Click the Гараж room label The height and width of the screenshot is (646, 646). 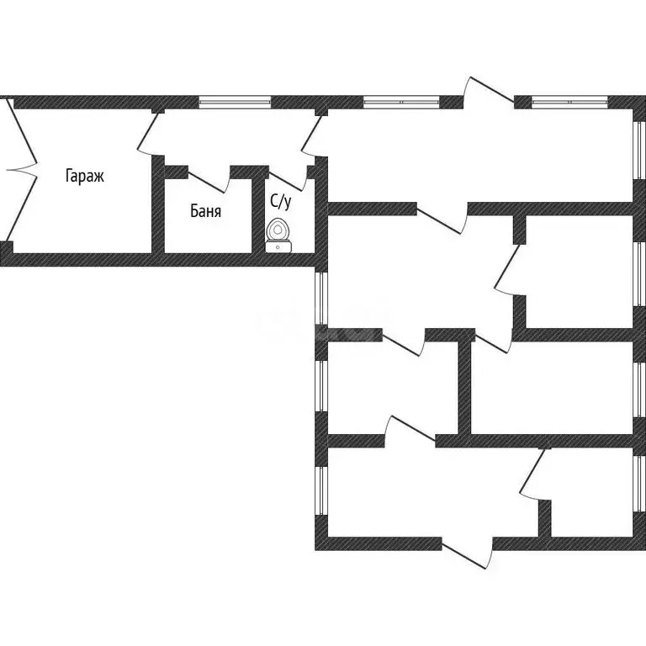click(x=84, y=177)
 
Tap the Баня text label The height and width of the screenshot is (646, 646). click(x=205, y=211)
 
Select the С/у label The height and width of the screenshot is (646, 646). click(x=281, y=202)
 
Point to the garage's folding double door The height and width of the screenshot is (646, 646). click(x=20, y=169)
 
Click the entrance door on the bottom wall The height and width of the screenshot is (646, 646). click(x=467, y=553)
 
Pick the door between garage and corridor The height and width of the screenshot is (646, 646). click(x=147, y=133)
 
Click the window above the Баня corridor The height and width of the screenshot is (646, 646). click(x=235, y=102)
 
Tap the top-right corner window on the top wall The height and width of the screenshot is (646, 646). click(x=569, y=102)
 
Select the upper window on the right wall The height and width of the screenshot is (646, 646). click(x=640, y=151)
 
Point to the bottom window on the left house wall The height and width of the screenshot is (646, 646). click(x=321, y=490)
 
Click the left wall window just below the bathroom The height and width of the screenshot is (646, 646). click(x=321, y=298)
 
